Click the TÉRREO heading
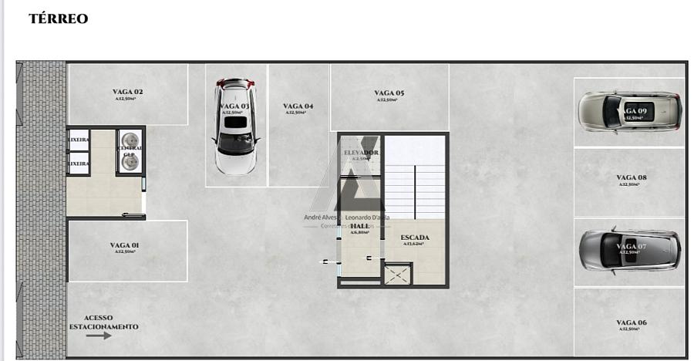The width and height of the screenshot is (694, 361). click(x=59, y=19)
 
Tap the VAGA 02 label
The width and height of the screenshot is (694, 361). click(x=127, y=92)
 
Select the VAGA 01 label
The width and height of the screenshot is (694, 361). click(x=124, y=245)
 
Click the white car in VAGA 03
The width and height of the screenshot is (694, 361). click(x=234, y=127)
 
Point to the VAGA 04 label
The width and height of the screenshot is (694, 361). click(x=298, y=106)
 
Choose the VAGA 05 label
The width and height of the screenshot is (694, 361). click(x=389, y=93)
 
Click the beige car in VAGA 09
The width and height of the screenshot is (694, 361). click(x=630, y=112)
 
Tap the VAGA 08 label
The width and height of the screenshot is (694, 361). click(x=631, y=177)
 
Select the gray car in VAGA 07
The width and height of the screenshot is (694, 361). click(x=630, y=249)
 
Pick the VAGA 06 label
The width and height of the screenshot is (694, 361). click(x=631, y=322)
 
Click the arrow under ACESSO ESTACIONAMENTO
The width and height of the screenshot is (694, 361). click(x=99, y=336)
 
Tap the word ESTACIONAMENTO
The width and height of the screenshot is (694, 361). click(x=104, y=327)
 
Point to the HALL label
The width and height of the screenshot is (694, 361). click(x=359, y=226)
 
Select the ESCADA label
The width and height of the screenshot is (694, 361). click(x=415, y=238)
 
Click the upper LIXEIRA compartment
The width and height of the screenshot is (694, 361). click(x=78, y=140)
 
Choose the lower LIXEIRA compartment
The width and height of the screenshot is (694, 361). click(x=78, y=164)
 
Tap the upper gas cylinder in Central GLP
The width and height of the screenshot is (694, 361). click(x=129, y=140)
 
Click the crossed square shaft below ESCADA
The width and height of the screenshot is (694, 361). click(x=398, y=274)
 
